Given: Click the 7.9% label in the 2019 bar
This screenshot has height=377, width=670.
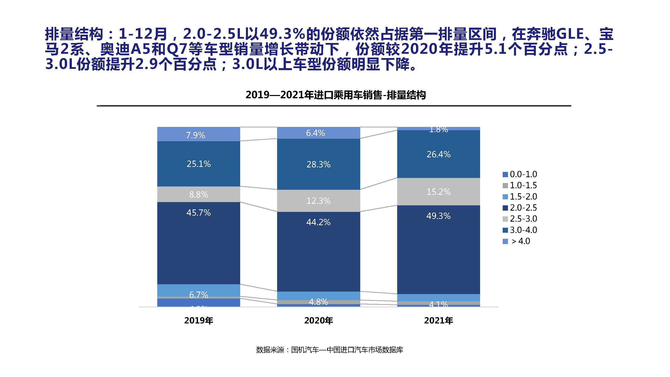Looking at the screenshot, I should tap(196, 135).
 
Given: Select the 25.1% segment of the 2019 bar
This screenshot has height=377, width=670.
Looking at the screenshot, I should tap(199, 164).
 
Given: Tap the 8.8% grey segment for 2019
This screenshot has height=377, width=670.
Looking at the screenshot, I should tap(199, 194).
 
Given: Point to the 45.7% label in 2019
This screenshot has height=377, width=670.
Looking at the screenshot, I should tap(199, 213).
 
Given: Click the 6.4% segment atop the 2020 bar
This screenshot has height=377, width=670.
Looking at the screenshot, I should tap(316, 133).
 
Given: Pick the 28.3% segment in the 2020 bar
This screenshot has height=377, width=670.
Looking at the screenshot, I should tap(318, 164).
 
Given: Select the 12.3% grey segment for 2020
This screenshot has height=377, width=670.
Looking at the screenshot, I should tap(318, 201).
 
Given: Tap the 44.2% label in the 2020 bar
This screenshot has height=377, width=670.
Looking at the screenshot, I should tap(318, 222).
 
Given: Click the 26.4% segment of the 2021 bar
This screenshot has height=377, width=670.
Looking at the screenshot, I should tap(439, 154).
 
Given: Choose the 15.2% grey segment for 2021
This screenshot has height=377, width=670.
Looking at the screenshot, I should tap(439, 192).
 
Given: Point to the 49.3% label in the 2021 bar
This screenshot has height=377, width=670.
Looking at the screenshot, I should tap(439, 216).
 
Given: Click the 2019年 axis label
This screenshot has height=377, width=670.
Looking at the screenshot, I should tap(199, 320).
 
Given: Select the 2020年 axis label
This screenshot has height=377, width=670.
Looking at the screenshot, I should tap(319, 320).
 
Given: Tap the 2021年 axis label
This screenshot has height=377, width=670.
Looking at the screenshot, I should tap(439, 320).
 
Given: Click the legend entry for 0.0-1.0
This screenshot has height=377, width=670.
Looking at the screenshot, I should tap(520, 174).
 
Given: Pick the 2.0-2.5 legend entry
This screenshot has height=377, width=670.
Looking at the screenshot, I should tap(520, 208).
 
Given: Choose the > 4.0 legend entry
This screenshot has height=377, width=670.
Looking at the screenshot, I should tap(518, 241).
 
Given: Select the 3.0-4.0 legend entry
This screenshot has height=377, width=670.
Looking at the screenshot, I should tap(520, 230).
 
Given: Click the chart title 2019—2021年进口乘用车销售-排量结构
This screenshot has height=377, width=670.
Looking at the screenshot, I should tap(336, 95).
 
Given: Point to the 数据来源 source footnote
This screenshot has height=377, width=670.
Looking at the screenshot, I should tap(330, 350).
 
